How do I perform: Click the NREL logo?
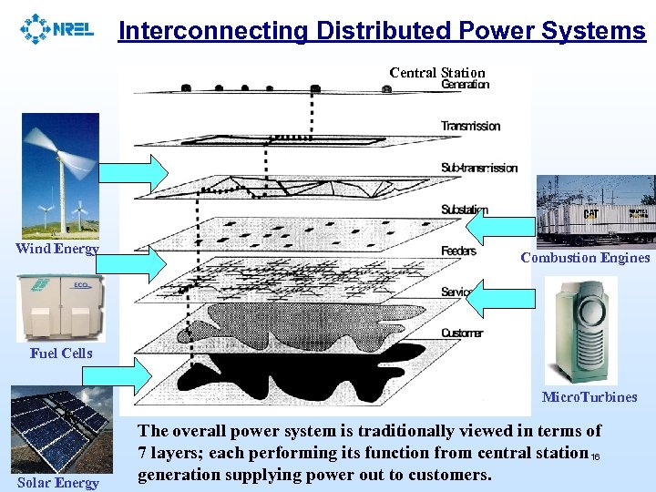tap(56, 28)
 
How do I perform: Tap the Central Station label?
tap(437, 73)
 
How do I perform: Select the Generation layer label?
tap(466, 85)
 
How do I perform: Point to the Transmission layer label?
tap(470, 126)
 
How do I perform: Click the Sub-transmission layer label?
tap(478, 168)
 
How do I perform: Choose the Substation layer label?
tap(465, 210)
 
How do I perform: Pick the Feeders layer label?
tap(458, 251)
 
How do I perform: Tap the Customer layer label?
tap(462, 333)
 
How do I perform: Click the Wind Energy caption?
tap(57, 249)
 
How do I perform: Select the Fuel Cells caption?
tap(61, 353)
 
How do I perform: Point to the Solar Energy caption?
tap(57, 482)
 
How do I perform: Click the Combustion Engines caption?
tap(585, 258)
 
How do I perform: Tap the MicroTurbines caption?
tap(589, 396)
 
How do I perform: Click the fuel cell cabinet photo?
tap(61, 308)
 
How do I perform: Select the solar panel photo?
tap(61, 428)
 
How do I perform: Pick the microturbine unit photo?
tap(580, 331)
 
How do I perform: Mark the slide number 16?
tap(595, 457)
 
